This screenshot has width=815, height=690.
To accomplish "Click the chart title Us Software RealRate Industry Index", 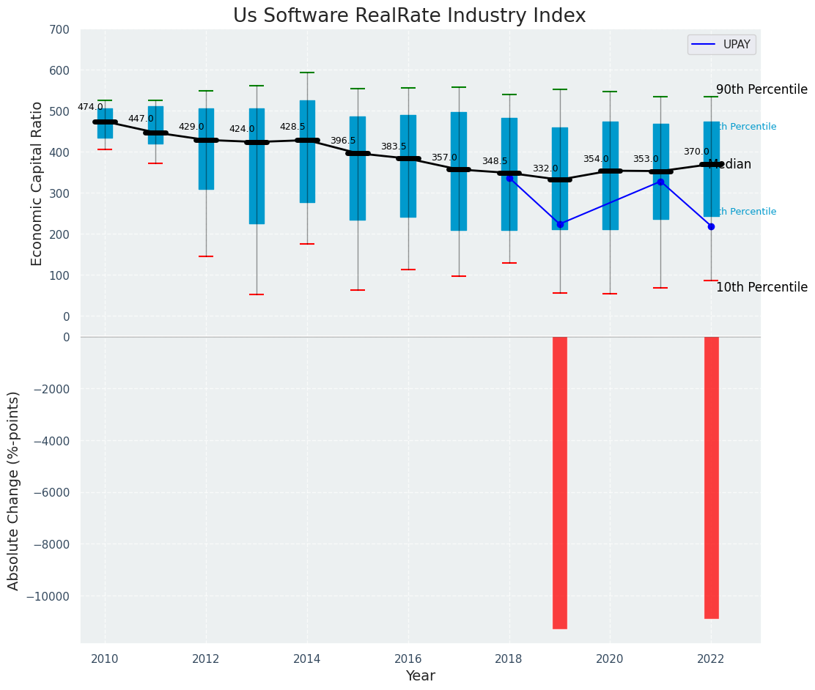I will pos(409,16).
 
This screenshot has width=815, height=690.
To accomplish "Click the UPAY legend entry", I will pos(721,45).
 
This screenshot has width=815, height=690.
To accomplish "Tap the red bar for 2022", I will pos(711,477).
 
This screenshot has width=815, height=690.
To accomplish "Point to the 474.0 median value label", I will pos(90,107).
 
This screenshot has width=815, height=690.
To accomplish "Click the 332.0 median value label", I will pos(545,168).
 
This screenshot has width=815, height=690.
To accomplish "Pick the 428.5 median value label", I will pos(292,127).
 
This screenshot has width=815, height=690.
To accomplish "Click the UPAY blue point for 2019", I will pos(560,224).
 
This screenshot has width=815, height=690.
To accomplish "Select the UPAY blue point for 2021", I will pos(660,182).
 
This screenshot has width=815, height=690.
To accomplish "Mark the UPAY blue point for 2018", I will pos(509,178).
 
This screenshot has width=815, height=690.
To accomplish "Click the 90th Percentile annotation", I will pos(761,89).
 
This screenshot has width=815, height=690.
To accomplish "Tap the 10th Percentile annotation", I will pos(761,287).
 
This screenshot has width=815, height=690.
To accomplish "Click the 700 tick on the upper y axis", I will pos(60,29).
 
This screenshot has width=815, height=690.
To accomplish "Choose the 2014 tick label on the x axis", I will pos(307,659).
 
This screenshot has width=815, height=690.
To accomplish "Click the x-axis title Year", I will pos(421,676).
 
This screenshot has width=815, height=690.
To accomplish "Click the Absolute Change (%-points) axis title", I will pos(14,490).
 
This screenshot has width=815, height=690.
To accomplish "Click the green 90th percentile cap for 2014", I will pos(307,73).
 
